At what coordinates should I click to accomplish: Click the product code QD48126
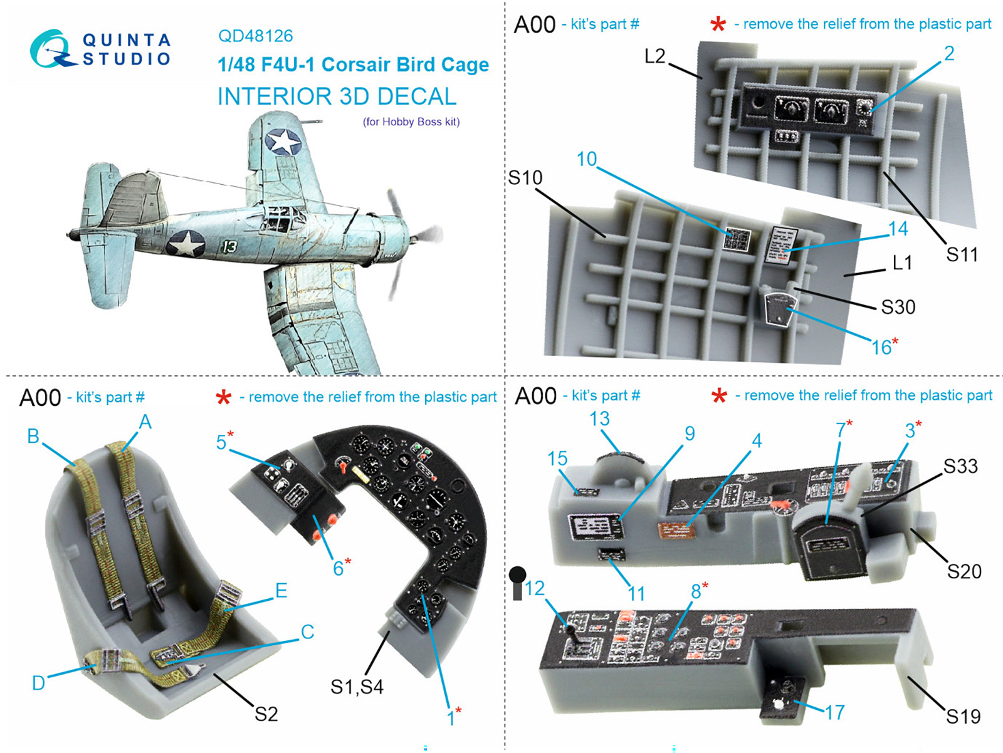point(255,36)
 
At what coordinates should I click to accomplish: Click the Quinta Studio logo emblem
point(51,49)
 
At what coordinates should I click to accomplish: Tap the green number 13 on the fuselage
point(229,246)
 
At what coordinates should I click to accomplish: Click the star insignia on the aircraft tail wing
point(283,141)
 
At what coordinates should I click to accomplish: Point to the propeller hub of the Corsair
point(414,237)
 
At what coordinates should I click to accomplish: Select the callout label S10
point(525,179)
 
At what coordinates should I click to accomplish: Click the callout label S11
point(962,254)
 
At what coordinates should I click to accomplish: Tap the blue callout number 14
point(898,229)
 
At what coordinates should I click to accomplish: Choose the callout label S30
point(898,307)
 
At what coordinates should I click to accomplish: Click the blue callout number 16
point(881,347)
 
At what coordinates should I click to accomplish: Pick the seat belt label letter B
point(33,436)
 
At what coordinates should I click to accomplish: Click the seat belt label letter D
point(38,683)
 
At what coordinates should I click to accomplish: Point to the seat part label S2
point(266,714)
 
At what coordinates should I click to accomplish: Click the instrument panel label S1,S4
point(357,687)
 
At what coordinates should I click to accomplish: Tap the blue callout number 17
point(834,712)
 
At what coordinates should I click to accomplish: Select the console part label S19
point(963,716)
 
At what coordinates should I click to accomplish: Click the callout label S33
point(960,466)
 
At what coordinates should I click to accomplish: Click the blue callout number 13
point(599,418)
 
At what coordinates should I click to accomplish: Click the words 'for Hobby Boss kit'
point(411,122)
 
